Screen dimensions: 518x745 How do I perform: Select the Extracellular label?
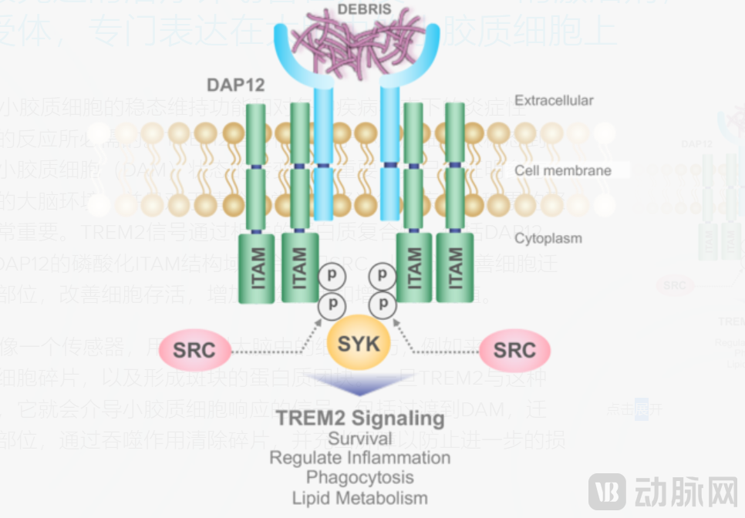click(554, 100)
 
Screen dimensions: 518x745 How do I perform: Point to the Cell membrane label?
click(562, 170)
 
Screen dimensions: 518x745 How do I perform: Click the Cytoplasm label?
click(548, 238)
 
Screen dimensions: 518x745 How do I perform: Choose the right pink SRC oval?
click(514, 351)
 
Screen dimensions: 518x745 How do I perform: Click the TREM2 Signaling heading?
click(359, 419)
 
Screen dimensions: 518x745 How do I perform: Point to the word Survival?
click(359, 439)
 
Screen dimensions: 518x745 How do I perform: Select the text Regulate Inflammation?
click(359, 458)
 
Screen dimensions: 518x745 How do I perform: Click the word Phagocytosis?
click(359, 477)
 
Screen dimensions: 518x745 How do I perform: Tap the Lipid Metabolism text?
click(359, 497)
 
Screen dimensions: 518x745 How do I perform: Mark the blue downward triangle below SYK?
click(359, 384)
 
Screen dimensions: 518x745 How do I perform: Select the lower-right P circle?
click(383, 303)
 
